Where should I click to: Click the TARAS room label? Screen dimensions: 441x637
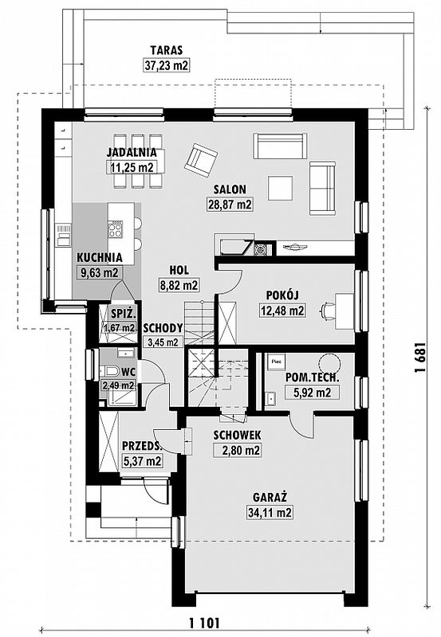click(167, 51)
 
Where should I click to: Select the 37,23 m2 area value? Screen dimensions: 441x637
click(167, 65)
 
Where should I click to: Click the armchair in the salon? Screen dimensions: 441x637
click(201, 161)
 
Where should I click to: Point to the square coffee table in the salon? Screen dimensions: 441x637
click(280, 188)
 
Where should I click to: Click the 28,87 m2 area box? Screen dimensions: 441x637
click(230, 204)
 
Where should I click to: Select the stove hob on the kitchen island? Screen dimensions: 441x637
click(115, 229)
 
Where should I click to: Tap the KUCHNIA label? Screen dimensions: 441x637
click(99, 257)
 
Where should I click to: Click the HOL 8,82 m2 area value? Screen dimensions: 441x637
click(178, 285)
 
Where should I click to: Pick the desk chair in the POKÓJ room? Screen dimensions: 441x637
click(328, 311)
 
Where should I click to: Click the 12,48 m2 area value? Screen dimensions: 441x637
click(282, 311)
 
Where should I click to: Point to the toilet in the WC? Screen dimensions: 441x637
click(108, 371)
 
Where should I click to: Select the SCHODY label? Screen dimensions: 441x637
click(163, 328)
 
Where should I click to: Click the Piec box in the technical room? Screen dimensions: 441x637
click(276, 361)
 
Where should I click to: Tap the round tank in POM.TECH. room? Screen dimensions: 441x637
click(329, 361)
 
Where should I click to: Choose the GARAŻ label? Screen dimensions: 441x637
click(270, 497)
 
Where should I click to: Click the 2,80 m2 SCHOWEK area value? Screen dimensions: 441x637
click(237, 450)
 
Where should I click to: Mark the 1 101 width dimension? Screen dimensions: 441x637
click(204, 623)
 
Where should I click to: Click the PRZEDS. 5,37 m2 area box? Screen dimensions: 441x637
click(143, 461)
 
